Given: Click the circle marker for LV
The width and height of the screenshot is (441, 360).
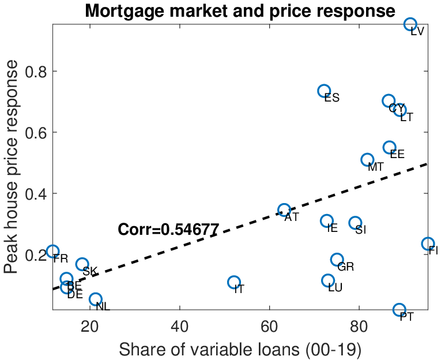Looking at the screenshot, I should pyautogui.click(x=410, y=24).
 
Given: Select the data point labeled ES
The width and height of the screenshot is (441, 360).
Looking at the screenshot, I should pyautogui.click(x=324, y=91).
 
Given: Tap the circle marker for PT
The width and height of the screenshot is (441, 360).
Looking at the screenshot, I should pyautogui.click(x=399, y=310).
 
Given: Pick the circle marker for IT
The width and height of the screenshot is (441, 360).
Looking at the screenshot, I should pyautogui.click(x=233, y=282).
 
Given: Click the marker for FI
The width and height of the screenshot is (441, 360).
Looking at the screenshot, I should pyautogui.click(x=428, y=244).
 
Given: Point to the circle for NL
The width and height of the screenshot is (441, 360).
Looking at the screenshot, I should pyautogui.click(x=96, y=299).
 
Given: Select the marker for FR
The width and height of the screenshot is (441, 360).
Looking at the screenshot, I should pyautogui.click(x=53, y=252).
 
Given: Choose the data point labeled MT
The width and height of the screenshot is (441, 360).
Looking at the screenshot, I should pyautogui.click(x=367, y=160).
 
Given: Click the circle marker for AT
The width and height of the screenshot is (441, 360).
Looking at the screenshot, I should pyautogui.click(x=284, y=210).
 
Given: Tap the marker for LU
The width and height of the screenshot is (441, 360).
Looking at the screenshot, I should pyautogui.click(x=328, y=280).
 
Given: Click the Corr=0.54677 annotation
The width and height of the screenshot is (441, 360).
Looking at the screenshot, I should pyautogui.click(x=168, y=230).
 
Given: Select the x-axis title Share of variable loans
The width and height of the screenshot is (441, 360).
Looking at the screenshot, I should pyautogui.click(x=240, y=349).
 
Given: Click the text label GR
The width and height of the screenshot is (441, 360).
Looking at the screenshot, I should pyautogui.click(x=345, y=267).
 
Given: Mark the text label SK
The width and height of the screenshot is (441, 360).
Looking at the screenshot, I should pyautogui.click(x=90, y=272).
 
